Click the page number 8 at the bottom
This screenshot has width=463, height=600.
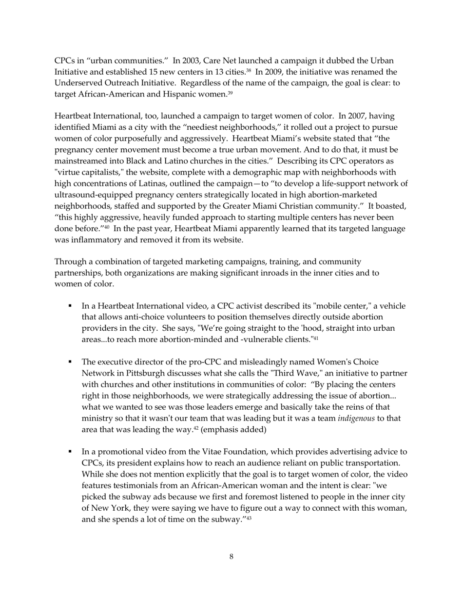tap(231, 557)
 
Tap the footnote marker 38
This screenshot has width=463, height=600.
tap(248, 70)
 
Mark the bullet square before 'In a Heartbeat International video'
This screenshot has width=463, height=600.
tap(70, 306)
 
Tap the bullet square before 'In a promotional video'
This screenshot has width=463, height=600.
tap(70, 452)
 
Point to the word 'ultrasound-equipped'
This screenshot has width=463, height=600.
tap(92, 195)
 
